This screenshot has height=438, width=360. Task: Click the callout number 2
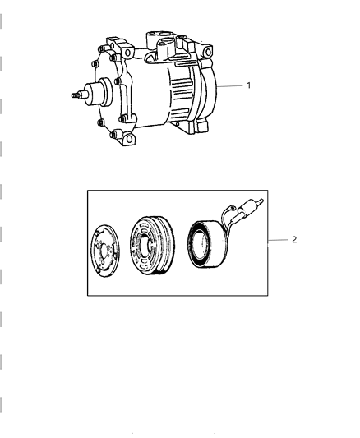click(293, 240)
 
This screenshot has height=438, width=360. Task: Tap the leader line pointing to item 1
click(238, 86)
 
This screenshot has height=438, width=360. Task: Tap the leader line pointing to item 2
click(277, 240)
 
